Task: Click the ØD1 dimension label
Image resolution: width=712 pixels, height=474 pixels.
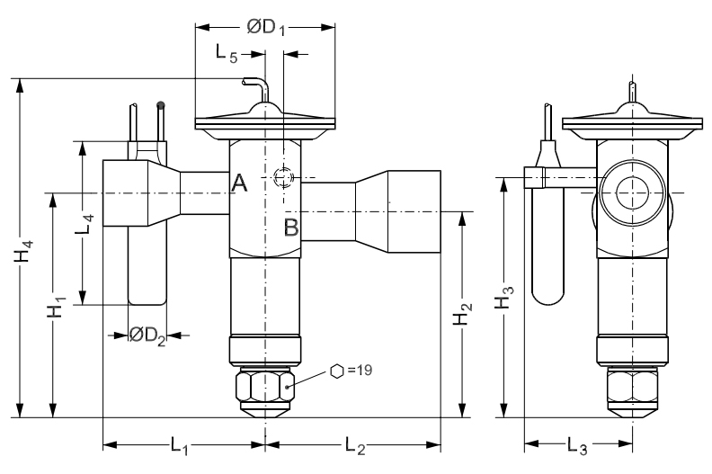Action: [266, 27]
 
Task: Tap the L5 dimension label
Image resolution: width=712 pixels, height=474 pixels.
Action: [227, 53]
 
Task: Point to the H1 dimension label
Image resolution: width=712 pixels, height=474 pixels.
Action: [57, 308]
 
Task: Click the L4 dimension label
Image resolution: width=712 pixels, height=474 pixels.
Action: [85, 224]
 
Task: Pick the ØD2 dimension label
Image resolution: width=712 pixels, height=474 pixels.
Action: [147, 335]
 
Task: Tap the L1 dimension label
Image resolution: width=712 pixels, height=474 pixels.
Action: [180, 445]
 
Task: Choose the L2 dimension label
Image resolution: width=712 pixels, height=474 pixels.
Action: [355, 445]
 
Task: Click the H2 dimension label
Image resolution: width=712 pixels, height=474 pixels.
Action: [463, 314]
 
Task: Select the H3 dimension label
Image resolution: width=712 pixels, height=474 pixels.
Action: [503, 297]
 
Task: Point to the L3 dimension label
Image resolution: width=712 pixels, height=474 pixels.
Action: [577, 445]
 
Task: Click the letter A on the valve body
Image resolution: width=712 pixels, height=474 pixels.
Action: [239, 183]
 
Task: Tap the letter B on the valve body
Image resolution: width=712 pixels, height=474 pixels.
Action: [291, 228]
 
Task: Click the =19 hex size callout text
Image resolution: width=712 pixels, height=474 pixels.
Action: [360, 371]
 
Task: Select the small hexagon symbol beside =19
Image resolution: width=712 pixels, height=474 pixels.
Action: [336, 371]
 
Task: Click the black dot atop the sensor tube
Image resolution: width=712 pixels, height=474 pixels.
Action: [160, 105]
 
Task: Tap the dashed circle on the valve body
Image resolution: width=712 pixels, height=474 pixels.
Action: [283, 177]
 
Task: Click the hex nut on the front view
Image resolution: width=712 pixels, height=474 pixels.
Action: [264, 387]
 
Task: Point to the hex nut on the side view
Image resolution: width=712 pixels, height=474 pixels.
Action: [632, 387]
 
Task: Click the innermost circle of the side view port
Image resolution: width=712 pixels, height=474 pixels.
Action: [632, 192]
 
